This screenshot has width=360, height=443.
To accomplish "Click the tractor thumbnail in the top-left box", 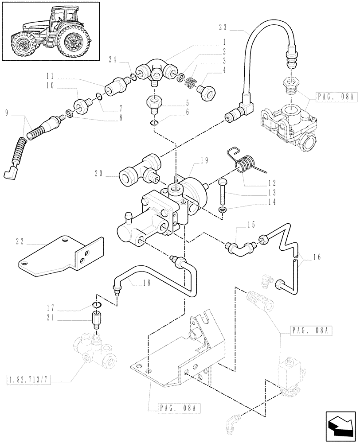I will tap(50, 31).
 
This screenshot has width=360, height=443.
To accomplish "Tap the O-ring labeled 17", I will tap(97, 304).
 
